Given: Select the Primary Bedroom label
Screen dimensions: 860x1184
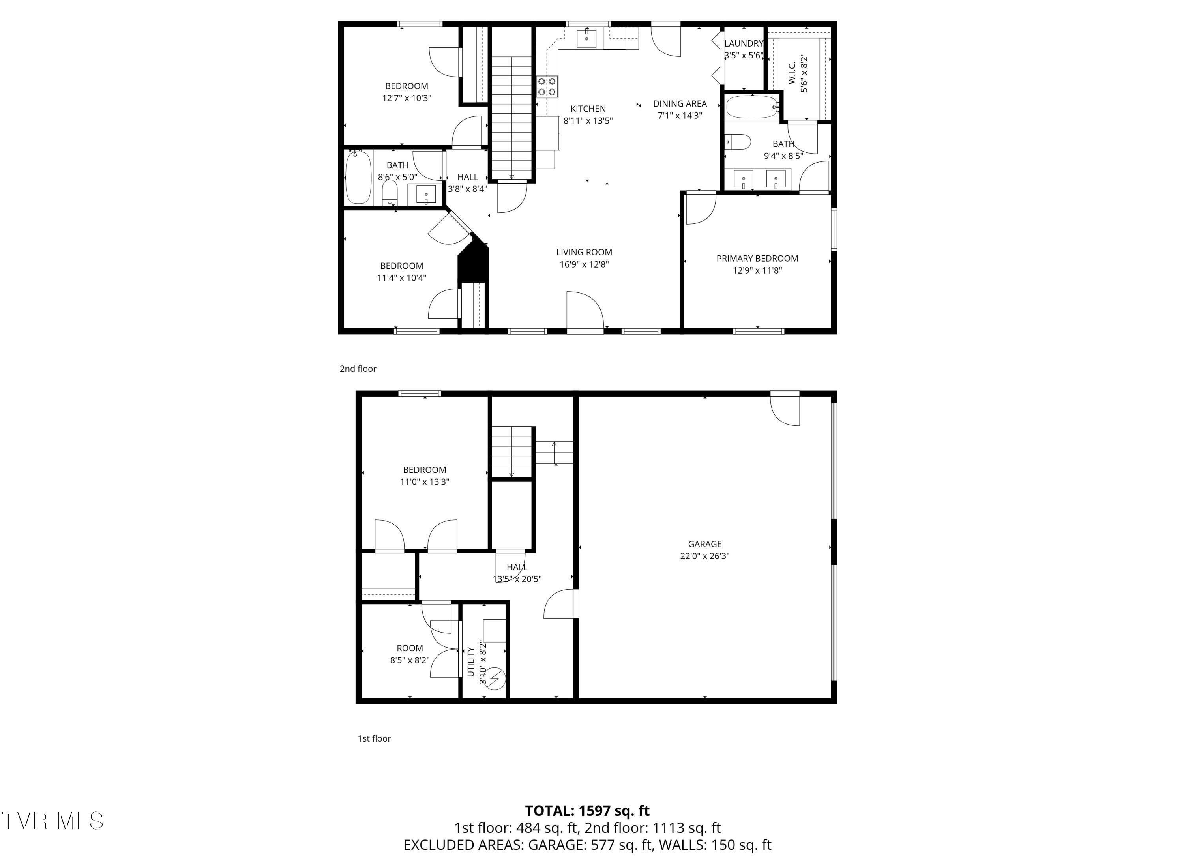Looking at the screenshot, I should [x=757, y=259].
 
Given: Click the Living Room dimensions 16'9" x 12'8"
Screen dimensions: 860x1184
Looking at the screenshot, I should [x=584, y=264].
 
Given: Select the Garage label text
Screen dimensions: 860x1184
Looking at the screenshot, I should [x=704, y=544].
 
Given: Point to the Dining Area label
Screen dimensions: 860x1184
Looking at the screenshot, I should [x=680, y=104].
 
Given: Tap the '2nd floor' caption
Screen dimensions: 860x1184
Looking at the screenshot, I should [x=358, y=369].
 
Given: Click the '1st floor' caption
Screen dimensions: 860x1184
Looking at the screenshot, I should [x=374, y=738].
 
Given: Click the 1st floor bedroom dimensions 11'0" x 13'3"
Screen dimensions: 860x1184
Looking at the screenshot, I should [x=424, y=482].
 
